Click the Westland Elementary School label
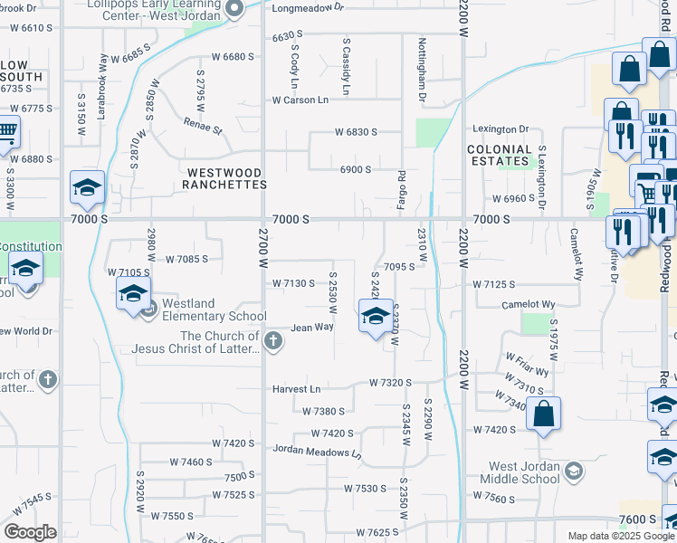coord(214,310)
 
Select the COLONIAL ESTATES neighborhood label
coord(499,156)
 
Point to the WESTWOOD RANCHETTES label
coord(224,178)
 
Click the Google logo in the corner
coord(30,532)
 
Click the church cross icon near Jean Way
coord(274,342)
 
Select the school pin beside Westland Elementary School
coord(132,294)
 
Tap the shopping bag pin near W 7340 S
coord(543,414)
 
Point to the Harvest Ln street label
coord(297,389)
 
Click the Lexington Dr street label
coord(499,129)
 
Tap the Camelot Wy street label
coord(528,305)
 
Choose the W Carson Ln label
coord(300,100)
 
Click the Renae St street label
coord(204,125)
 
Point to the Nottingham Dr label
coord(422,69)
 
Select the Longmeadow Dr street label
coord(308,7)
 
